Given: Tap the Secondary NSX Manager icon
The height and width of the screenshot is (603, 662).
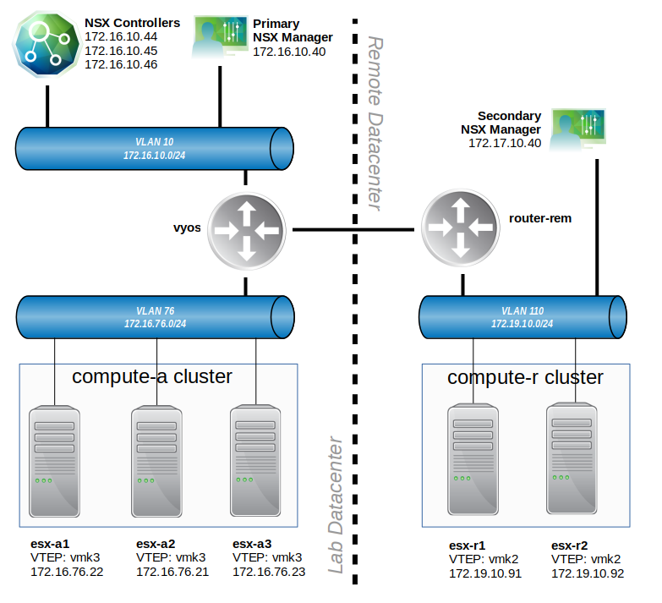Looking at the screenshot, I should tap(578, 128).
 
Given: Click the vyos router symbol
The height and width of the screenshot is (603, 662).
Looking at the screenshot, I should tap(246, 229).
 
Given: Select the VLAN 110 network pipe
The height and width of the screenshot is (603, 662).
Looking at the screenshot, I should tap(522, 316).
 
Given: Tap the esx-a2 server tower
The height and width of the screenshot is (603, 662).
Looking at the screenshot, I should tap(156, 460).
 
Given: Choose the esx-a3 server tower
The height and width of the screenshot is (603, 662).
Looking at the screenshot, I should tap(256, 460).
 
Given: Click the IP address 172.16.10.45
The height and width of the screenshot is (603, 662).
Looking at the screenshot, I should tap(121, 51).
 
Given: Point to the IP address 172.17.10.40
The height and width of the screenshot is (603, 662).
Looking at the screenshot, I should tap(504, 144).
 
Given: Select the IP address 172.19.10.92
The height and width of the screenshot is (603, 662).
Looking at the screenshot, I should tap(587, 573).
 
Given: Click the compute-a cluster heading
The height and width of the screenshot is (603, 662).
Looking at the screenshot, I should tap(152, 376).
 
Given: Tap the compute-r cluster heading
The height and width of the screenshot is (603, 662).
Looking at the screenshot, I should tap(525, 377).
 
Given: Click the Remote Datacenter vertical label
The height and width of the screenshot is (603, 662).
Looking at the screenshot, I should tap(376, 123).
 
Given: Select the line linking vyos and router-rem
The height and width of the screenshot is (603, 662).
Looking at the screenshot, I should tap(355, 228).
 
